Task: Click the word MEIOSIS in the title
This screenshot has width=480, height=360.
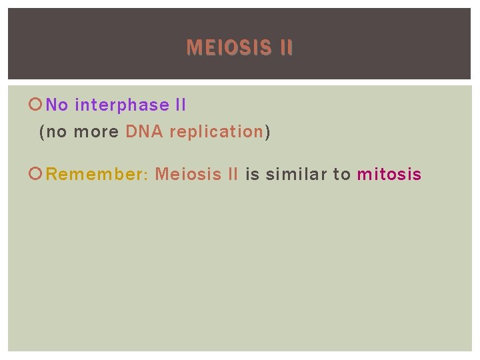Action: pyautogui.click(x=225, y=48)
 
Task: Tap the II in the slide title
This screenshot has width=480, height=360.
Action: pyautogui.click(x=283, y=48)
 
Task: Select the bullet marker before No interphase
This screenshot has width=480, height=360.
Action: pyautogui.click(x=37, y=105)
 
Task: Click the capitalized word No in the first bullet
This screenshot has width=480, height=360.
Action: pyautogui.click(x=57, y=105)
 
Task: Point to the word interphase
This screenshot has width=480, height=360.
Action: pyautogui.click(x=122, y=105)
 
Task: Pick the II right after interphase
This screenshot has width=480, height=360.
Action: pyautogui.click(x=180, y=105)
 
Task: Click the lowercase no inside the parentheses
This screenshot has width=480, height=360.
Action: pyautogui.click(x=57, y=132)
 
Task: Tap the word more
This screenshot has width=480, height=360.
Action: pyautogui.click(x=95, y=132)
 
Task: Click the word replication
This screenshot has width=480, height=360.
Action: pyautogui.click(x=217, y=132)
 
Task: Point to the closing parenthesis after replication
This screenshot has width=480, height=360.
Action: pyautogui.click(x=267, y=132)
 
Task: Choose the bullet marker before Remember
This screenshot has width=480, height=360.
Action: pyautogui.click(x=37, y=175)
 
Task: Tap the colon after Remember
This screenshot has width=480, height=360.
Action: pyautogui.click(x=145, y=175)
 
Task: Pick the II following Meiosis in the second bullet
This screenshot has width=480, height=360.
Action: pyautogui.click(x=233, y=175)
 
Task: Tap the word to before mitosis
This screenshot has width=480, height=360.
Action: pyautogui.click(x=341, y=175)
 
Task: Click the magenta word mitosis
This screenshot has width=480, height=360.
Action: pyautogui.click(x=389, y=175)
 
